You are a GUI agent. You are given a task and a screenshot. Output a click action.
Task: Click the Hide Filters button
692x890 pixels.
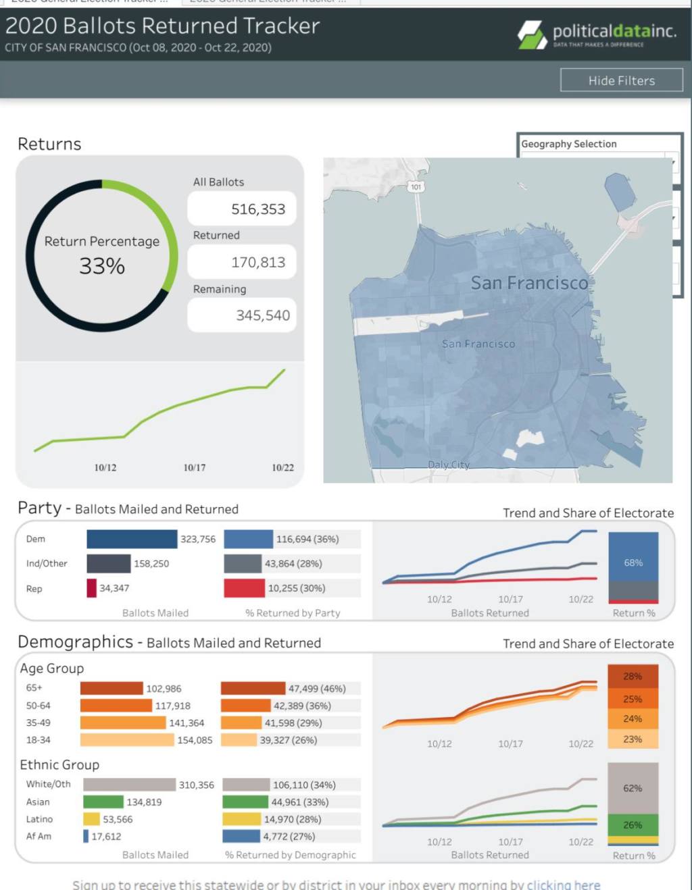(621, 80)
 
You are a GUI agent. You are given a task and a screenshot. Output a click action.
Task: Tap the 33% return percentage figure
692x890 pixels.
(102, 266)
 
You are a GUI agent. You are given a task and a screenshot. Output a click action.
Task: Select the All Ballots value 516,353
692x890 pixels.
(257, 209)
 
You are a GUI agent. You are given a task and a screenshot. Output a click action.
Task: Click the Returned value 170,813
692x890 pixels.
(257, 262)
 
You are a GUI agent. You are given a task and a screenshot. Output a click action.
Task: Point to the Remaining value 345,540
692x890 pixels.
(262, 315)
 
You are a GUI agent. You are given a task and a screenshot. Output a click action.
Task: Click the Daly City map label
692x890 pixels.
(449, 465)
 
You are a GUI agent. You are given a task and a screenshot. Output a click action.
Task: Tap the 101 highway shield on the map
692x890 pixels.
(416, 187)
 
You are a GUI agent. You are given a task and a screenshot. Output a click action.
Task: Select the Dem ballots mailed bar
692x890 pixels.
(132, 539)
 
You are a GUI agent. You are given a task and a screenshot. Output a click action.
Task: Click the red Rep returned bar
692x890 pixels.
(244, 588)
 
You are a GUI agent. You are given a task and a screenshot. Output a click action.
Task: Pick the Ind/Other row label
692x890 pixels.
(47, 563)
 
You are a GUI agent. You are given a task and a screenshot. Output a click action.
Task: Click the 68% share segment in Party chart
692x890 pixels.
(633, 562)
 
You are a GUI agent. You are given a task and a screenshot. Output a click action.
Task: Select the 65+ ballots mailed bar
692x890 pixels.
(112, 688)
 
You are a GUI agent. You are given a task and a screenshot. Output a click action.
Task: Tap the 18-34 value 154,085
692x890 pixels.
(195, 740)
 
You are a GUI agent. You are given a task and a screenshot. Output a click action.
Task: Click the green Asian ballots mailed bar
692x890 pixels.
(103, 802)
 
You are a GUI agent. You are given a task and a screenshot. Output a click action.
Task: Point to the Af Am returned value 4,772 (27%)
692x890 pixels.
(289, 836)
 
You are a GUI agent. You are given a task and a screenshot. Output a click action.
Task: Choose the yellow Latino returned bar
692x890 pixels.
(241, 819)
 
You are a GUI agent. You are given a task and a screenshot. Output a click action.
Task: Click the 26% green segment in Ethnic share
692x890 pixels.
(633, 824)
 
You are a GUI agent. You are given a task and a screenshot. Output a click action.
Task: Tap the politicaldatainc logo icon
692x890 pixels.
(533, 34)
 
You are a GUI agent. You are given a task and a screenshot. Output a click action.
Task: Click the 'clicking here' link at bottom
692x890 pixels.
(563, 885)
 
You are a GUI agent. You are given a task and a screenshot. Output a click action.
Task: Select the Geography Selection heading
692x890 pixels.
(568, 144)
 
